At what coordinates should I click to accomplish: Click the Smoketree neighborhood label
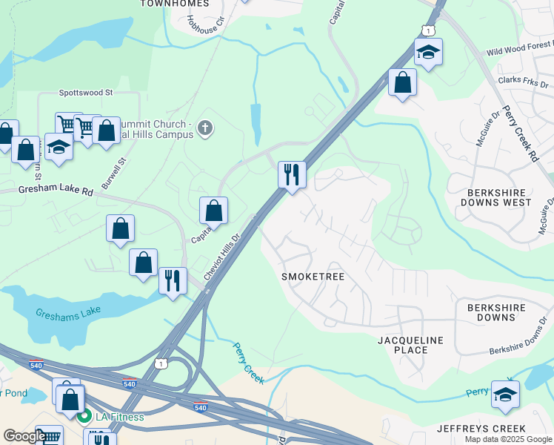[313, 277]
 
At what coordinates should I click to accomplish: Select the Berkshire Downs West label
[496, 197]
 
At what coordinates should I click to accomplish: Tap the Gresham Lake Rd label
[46, 191]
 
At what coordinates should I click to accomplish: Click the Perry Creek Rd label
[519, 133]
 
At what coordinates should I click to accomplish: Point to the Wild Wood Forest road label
[519, 50]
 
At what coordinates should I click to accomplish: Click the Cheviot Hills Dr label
[222, 257]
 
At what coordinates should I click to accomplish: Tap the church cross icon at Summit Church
[205, 130]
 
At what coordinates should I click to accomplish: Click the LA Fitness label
[119, 417]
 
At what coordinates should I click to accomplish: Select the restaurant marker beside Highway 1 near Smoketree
[292, 175]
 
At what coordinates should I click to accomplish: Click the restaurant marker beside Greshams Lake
[173, 280]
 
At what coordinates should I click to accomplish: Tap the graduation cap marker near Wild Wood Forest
[428, 52]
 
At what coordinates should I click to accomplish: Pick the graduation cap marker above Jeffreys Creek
[505, 394]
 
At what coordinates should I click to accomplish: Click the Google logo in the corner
[24, 436]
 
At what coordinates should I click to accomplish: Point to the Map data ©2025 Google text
[507, 439]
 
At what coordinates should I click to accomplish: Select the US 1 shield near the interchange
[160, 363]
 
